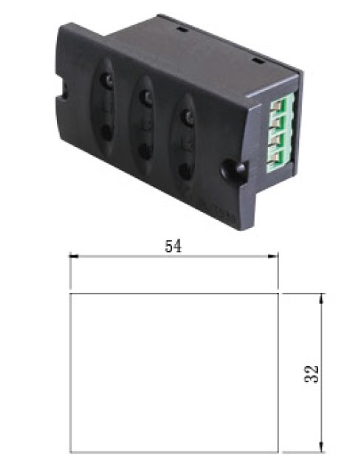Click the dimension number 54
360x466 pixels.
pos(173,246)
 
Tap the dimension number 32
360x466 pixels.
pos(312,374)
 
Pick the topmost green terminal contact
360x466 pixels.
pos(278,106)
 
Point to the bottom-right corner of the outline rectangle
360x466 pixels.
pos(279,452)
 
